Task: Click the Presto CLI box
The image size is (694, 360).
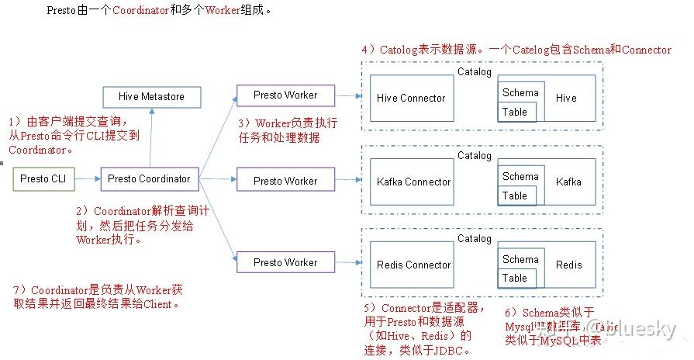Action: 43,179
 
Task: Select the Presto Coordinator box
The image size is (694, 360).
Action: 149,179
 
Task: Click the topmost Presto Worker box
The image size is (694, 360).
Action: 285,95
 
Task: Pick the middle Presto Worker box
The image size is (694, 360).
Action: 285,181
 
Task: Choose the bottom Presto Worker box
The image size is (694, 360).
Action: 285,263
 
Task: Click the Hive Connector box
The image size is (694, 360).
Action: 411,99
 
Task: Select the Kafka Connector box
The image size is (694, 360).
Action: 413,182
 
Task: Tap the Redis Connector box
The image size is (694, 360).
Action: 413,265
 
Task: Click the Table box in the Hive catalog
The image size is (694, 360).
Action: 515,112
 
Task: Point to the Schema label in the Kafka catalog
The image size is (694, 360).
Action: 520,176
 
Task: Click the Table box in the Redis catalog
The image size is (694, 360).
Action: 515,278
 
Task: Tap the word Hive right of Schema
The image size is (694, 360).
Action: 566,99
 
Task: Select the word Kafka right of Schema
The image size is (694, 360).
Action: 568,182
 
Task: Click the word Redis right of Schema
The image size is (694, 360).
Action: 568,265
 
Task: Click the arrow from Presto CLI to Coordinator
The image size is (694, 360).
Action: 88,179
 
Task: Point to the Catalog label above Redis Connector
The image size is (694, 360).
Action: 474,239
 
